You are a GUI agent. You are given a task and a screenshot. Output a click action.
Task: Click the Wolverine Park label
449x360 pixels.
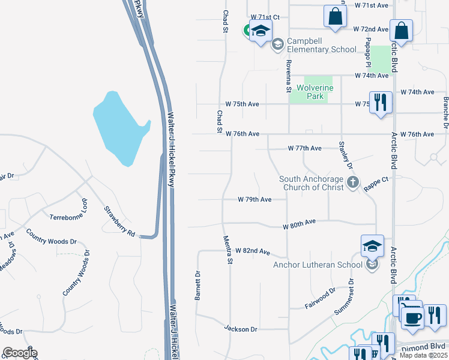coord(315,92)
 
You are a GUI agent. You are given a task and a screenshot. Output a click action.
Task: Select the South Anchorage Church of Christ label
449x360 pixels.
coord(312,183)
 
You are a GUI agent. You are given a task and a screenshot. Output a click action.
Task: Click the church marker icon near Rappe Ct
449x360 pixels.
coord(353,182)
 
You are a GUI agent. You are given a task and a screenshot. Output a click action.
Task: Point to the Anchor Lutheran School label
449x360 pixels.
coord(318,265)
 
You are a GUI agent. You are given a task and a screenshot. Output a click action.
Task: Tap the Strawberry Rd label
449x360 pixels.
coord(119,221)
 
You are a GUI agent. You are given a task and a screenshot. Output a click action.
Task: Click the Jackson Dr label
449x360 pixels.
coord(241,329)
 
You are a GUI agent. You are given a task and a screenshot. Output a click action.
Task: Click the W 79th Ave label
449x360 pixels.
coord(255,199)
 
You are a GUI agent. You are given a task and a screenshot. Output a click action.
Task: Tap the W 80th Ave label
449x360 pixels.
coord(300,223)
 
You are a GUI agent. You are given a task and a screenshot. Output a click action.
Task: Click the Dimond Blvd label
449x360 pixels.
coord(427,346)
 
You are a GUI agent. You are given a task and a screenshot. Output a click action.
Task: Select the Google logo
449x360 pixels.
coord(19,353)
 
